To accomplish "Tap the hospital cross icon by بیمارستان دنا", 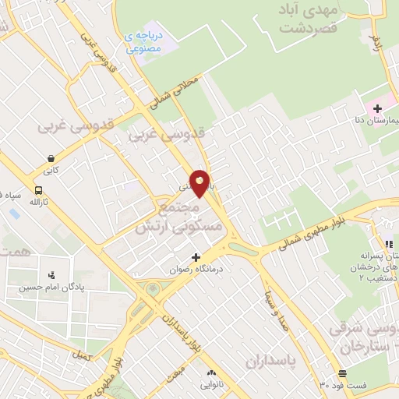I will pyautogui.click(x=378, y=109).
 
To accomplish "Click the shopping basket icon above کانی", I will pyautogui.click(x=51, y=157).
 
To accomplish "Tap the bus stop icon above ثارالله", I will pyautogui.click(x=38, y=189).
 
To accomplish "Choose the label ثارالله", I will pyautogui.click(x=39, y=202).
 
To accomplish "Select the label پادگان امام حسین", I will pyautogui.click(x=50, y=287).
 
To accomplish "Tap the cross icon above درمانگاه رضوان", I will pyautogui.click(x=195, y=257).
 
